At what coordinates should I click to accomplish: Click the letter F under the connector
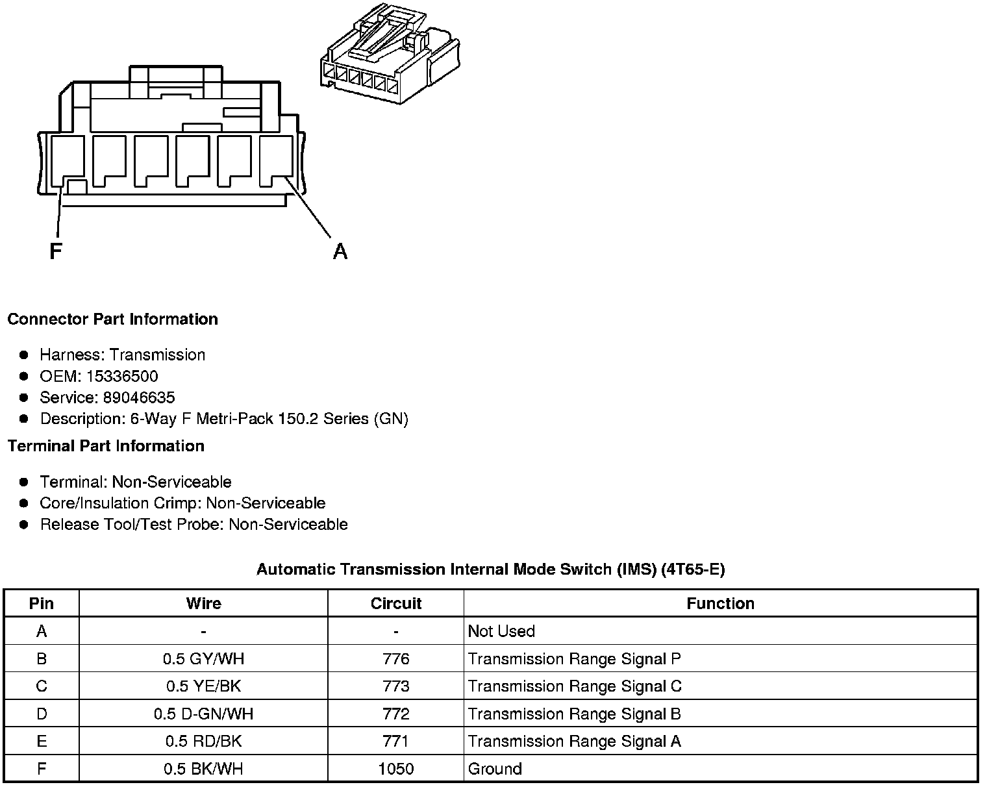pos(56,251)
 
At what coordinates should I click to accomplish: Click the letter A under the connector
pos(340,251)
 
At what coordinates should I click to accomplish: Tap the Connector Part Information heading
pos(112,319)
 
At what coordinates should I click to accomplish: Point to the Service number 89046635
pos(139,397)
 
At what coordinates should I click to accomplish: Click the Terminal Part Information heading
pos(106,446)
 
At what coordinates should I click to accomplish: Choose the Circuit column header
pos(396,603)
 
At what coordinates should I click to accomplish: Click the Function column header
pos(720,603)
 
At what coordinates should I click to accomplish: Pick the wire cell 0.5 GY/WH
pos(203,659)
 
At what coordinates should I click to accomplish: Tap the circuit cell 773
pos(396,686)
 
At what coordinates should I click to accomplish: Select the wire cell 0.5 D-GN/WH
pos(203,714)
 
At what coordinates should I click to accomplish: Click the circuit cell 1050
pos(396,769)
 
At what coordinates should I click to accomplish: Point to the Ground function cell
pos(495,769)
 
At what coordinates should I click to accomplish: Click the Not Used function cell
pos(501,631)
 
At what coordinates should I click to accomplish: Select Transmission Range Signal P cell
pos(574,659)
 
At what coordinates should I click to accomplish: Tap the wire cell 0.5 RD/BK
pos(203,742)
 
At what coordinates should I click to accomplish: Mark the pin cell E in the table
pos(42,742)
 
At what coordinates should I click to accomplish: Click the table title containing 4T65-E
pos(490,569)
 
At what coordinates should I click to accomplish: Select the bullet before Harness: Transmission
pos(24,355)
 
